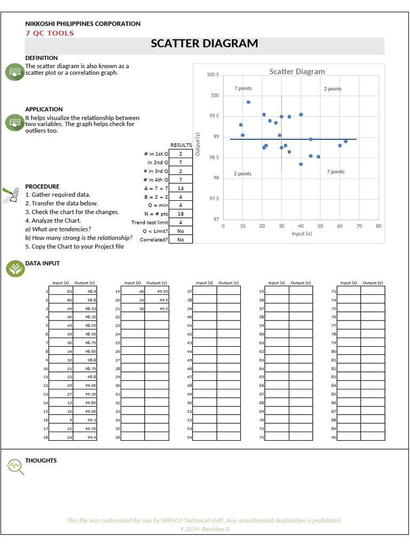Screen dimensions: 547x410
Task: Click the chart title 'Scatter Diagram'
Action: (297, 72)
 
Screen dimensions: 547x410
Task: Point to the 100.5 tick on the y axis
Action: (212, 75)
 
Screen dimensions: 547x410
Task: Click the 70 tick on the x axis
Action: (359, 226)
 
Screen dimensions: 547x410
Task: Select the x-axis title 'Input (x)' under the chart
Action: (302, 233)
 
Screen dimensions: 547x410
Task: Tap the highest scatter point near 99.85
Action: (248, 102)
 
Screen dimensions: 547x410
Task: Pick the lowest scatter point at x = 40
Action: (301, 164)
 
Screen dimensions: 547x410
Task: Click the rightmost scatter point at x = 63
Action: (345, 142)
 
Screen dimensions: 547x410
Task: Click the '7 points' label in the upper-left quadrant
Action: (243, 89)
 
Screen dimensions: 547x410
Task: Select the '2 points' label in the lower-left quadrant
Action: (243, 174)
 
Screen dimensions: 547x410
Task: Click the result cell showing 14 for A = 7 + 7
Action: (180, 188)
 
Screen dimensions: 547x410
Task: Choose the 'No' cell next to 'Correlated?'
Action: (180, 240)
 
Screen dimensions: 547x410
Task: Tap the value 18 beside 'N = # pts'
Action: (180, 214)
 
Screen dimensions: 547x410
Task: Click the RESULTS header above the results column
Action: (181, 145)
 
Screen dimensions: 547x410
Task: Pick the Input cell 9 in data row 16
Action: (60, 420)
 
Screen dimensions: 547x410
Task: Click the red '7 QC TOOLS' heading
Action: (50, 33)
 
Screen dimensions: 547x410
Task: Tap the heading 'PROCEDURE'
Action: (42, 186)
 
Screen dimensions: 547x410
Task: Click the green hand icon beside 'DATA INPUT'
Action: (14, 269)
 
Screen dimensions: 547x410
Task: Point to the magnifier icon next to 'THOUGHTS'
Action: (14, 466)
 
